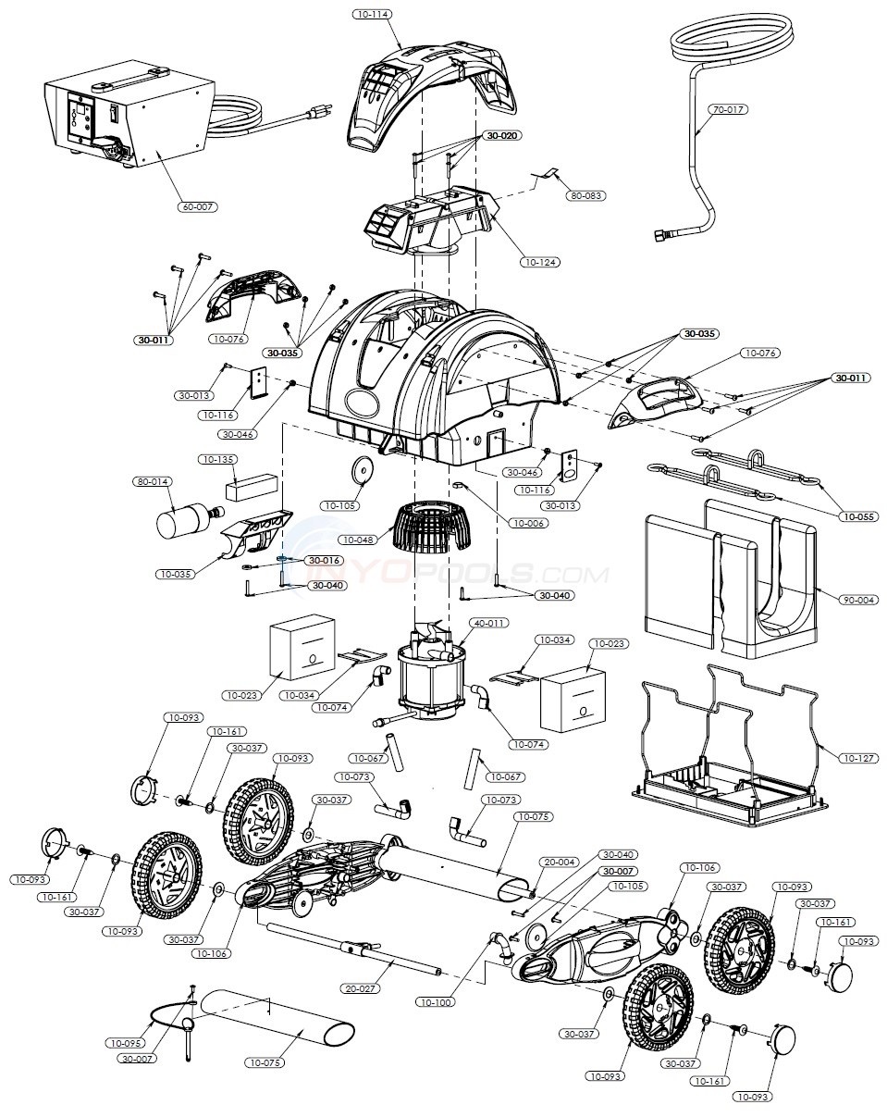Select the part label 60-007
tap(198, 206)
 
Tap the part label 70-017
tap(728, 109)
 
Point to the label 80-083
tap(584, 195)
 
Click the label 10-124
tap(541, 263)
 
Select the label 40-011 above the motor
tap(489, 623)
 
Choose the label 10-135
tap(217, 459)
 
